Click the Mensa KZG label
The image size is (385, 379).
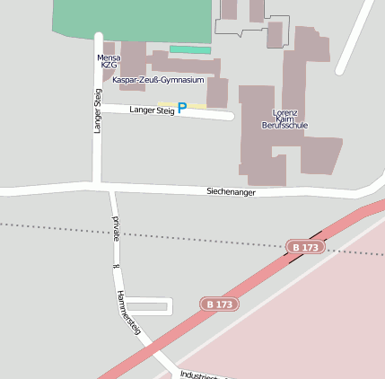pos(108,61)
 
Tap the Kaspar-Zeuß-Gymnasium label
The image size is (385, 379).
pos(157,80)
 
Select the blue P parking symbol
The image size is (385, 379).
pos(182,108)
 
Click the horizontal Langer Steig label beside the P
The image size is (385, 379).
pos(152,110)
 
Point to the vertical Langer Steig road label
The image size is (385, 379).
pos(97,110)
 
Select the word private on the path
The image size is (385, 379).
pos(116,229)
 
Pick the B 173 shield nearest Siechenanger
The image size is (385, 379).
pos(305,246)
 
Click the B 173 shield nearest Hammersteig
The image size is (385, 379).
pos(219,304)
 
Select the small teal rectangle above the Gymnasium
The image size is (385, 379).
pos(190,50)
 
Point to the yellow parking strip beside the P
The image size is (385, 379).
pos(197,106)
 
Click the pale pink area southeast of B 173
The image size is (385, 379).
pos(314,323)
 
